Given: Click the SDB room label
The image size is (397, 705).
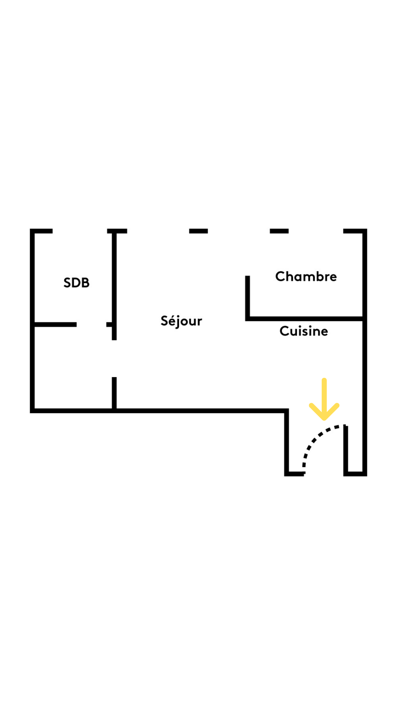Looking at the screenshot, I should [76, 283].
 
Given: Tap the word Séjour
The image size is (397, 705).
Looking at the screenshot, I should [181, 321].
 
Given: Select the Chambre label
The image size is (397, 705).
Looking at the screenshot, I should [306, 276].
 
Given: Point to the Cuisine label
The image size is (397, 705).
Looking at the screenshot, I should [304, 331].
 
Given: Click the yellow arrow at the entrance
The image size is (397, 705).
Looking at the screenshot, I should [324, 400].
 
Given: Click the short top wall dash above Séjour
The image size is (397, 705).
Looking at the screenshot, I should [198, 231].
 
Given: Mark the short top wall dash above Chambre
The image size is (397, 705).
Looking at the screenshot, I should [279, 231].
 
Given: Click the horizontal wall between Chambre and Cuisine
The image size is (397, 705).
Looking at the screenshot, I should [305, 319].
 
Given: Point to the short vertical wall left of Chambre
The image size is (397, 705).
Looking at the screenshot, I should [248, 297].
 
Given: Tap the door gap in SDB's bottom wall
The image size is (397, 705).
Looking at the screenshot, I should [91, 325].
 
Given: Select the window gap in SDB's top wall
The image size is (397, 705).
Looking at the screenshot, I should [80, 231].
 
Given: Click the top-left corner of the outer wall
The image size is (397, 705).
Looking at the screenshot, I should [32, 231].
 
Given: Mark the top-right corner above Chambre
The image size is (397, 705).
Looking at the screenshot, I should [365, 231].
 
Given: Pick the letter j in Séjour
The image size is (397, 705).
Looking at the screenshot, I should [178, 322].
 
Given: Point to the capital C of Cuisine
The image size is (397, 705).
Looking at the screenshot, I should [284, 331].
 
